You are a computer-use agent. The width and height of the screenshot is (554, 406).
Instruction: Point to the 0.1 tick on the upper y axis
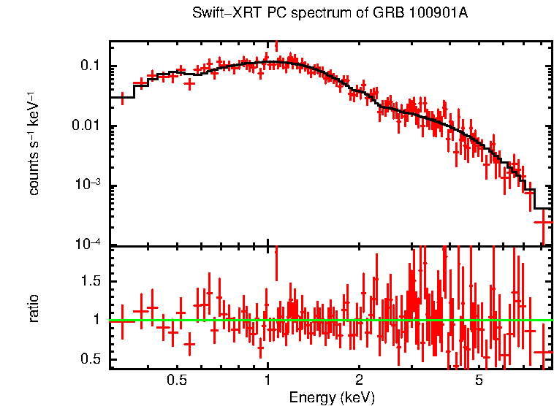(x=90, y=66)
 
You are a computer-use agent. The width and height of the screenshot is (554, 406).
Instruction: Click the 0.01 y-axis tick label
(x=86, y=126)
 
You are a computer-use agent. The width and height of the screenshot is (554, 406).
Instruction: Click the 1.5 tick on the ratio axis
(x=90, y=281)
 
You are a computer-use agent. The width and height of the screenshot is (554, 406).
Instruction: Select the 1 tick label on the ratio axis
(x=96, y=320)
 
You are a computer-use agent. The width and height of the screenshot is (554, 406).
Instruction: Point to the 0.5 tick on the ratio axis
(x=90, y=359)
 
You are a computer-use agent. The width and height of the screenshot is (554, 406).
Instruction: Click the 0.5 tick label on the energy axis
(x=176, y=380)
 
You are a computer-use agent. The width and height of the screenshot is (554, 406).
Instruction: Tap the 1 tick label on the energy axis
(x=267, y=380)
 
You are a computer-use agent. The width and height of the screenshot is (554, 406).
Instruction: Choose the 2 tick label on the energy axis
(x=359, y=380)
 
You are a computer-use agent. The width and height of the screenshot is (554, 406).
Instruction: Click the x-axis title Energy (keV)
(x=332, y=397)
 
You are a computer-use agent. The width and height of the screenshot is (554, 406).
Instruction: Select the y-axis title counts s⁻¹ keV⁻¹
(x=34, y=143)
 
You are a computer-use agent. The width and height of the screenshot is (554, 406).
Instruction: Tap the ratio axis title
(x=34, y=308)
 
